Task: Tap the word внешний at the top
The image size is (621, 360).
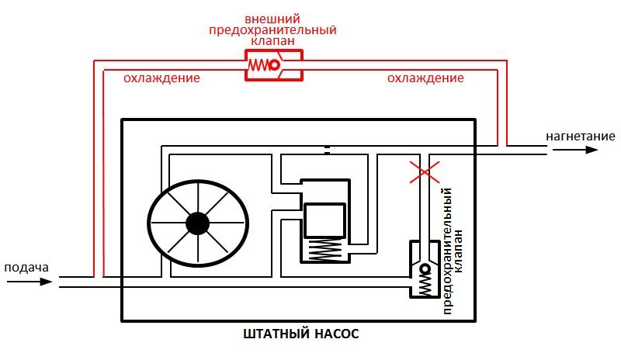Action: [x=272, y=18]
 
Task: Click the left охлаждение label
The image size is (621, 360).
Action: [x=162, y=78]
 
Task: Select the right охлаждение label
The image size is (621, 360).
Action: [x=425, y=78]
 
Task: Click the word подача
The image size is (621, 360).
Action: [x=27, y=268]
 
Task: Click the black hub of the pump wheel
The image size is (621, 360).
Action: [x=198, y=224]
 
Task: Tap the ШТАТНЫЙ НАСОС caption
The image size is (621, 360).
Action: [x=301, y=335]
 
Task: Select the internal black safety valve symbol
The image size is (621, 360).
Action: [x=424, y=269]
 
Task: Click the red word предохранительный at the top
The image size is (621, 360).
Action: [x=272, y=31]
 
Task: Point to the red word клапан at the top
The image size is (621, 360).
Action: [x=272, y=43]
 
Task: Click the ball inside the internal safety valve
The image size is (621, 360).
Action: [x=426, y=269]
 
